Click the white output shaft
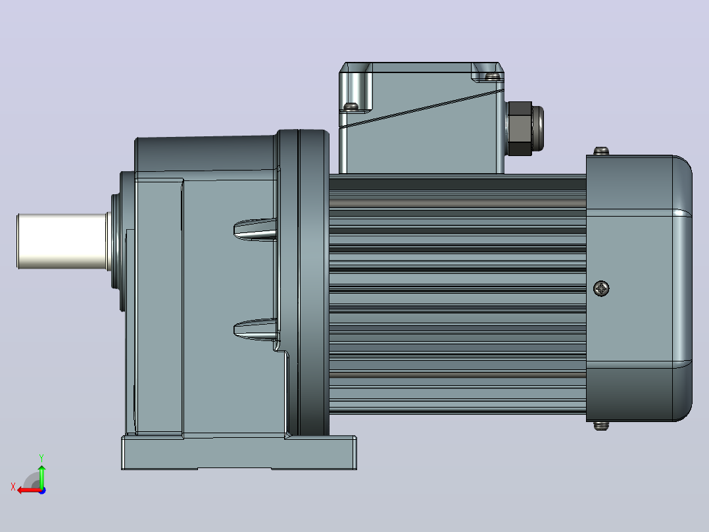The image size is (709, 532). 62,241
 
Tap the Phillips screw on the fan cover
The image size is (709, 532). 601,288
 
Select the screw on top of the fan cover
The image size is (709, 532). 601,151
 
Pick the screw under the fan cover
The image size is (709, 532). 601,425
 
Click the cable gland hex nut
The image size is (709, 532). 519,128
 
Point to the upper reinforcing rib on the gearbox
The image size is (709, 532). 255,229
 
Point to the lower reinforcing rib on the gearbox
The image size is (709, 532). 255,329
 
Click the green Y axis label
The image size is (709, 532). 41,458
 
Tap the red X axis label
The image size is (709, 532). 13,487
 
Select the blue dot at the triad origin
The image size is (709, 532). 42,491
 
